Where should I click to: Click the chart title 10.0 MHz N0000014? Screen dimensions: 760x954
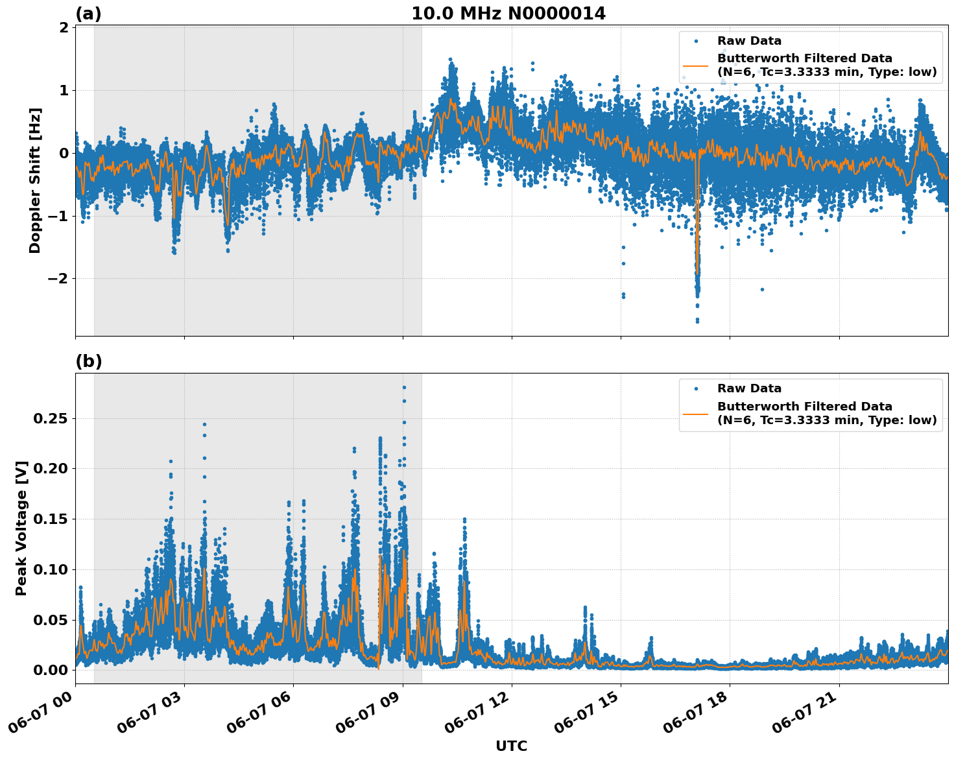pos(508,14)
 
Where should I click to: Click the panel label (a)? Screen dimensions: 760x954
pos(88,14)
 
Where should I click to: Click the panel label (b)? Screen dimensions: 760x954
pos(88,361)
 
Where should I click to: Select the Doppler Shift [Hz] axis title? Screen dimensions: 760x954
pos(35,180)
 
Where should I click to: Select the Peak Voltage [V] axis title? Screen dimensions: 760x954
pos(21,528)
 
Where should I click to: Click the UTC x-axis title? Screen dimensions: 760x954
pos(511,746)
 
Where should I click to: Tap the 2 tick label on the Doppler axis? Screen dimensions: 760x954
pos(64,28)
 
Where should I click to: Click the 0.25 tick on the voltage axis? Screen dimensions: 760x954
pos(50,419)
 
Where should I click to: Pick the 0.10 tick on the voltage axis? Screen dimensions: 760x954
pos(50,569)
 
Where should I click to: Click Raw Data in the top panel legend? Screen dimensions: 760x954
pos(749,41)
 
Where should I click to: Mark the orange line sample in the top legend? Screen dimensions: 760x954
pos(695,65)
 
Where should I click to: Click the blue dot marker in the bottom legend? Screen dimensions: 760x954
pos(695,388)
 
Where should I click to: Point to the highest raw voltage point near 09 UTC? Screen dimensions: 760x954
pos(403,387)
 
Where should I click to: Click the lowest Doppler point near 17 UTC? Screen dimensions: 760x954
pos(697,321)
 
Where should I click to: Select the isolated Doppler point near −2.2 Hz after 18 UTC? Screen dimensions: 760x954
pos(762,289)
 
